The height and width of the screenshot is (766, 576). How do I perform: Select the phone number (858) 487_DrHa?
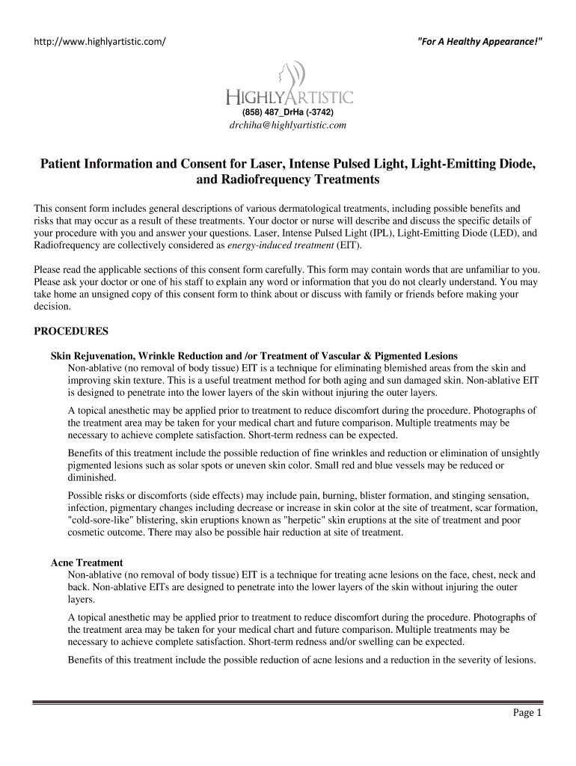pyautogui.click(x=287, y=112)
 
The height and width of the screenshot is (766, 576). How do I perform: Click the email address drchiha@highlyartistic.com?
pyautogui.click(x=287, y=126)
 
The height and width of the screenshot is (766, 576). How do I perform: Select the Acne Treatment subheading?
pyautogui.click(x=87, y=563)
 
